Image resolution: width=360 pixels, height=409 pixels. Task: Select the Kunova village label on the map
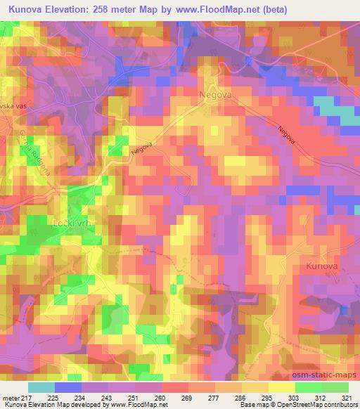(x=323, y=266)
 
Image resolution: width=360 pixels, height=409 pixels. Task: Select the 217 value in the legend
(x=27, y=397)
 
